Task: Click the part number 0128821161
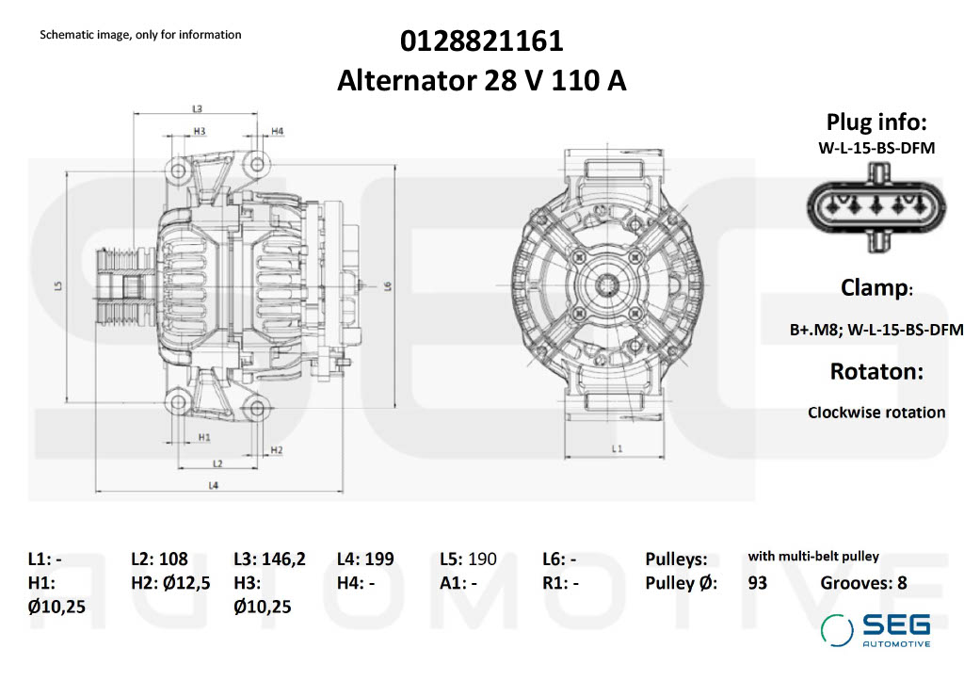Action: (x=481, y=41)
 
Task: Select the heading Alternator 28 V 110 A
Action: (x=481, y=81)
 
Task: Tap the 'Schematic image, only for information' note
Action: (x=140, y=35)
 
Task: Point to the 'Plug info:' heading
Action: (x=876, y=122)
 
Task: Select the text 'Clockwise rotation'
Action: (x=876, y=413)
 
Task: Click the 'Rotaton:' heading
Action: (x=876, y=371)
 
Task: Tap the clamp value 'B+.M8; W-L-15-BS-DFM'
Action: (x=876, y=330)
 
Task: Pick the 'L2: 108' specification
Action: (x=160, y=559)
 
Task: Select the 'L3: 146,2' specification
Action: (x=269, y=559)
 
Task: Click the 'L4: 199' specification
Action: (x=365, y=559)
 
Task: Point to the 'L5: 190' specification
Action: (x=469, y=559)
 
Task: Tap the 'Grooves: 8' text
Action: (x=863, y=583)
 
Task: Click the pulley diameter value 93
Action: (x=757, y=583)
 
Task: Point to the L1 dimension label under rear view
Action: (x=617, y=449)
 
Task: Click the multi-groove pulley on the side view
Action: (x=117, y=286)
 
